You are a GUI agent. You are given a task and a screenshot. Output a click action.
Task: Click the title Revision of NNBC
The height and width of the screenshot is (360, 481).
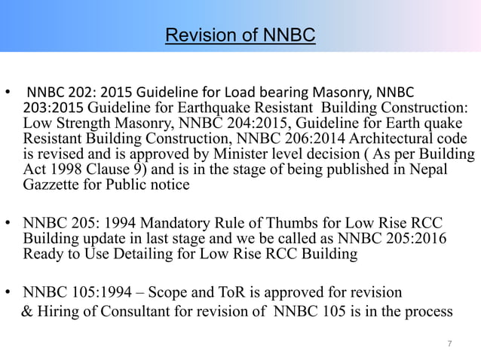click(x=240, y=35)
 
